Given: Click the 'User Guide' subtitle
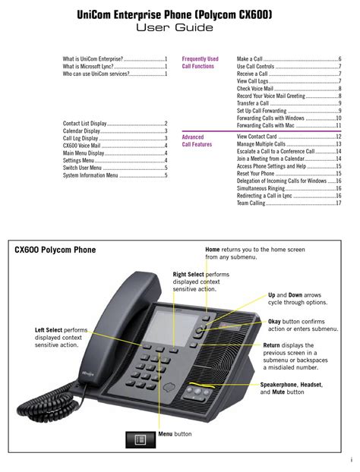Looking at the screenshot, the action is coord(175,27).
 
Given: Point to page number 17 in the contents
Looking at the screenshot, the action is coord(339,203).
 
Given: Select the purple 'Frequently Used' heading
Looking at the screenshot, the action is coord(200,58).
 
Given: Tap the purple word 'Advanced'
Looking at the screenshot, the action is coord(193,137).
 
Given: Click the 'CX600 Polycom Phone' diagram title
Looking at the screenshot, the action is coord(55,250).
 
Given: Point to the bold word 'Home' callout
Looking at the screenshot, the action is coord(213,250).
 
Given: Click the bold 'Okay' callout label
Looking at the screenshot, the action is coord(274,322).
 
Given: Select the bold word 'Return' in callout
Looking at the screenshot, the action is coord(271,345).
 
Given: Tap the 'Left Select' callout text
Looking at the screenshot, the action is coord(49,330).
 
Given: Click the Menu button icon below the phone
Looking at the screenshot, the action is coord(141,440).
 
